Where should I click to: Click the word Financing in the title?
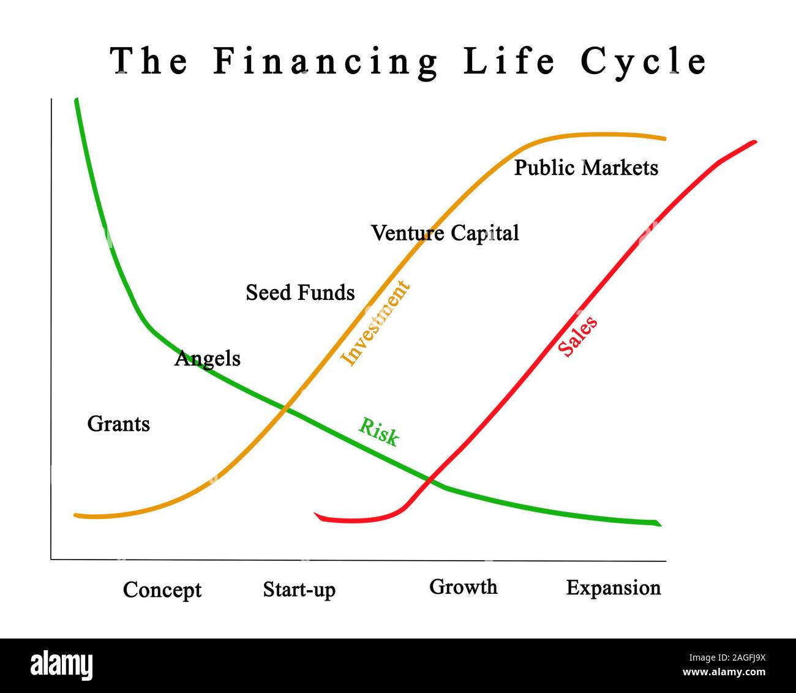(x=325, y=62)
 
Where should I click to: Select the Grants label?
(x=119, y=424)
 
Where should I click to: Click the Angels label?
(x=208, y=358)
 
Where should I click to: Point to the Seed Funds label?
(x=300, y=293)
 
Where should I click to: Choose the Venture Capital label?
(x=445, y=233)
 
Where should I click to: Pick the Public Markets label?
(x=586, y=168)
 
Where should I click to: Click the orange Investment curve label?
(x=375, y=323)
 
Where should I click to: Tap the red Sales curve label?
(x=577, y=336)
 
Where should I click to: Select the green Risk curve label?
(x=378, y=432)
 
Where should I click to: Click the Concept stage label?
(x=162, y=590)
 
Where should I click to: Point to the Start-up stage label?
(x=299, y=590)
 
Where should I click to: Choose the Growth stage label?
(x=463, y=586)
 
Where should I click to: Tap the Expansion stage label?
(x=614, y=588)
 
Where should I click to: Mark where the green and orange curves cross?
(x=285, y=407)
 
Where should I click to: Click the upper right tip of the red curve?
(x=754, y=142)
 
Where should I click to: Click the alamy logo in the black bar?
(x=62, y=665)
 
